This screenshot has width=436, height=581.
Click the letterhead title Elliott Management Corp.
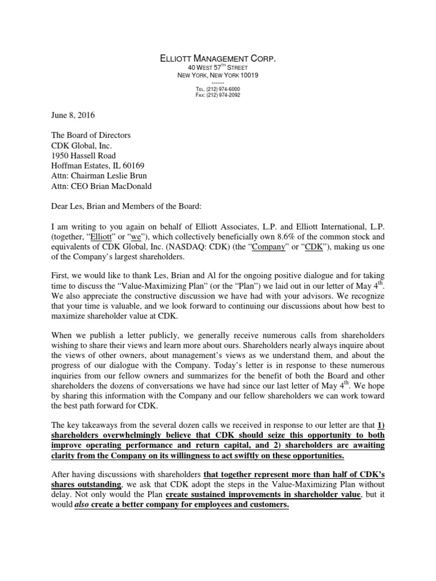point(218,57)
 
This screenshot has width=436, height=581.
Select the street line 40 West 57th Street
point(218,68)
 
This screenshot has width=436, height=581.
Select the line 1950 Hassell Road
point(83,155)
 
